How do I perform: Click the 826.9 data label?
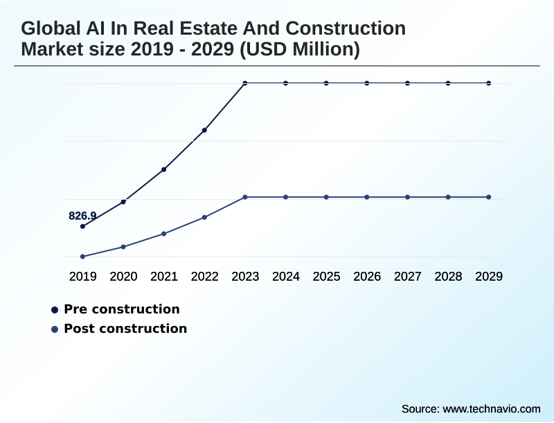tap(82, 216)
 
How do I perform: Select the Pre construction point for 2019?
tap(82, 226)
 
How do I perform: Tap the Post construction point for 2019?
tap(82, 257)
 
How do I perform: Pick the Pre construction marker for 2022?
tap(204, 130)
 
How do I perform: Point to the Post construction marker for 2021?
tap(164, 234)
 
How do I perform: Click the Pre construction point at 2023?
tap(245, 83)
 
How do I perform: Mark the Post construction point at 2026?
tap(367, 197)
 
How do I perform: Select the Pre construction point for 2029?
tap(489, 83)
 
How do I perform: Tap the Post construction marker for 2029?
tap(489, 197)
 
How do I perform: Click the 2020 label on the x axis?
tap(123, 276)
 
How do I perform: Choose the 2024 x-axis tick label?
tap(286, 276)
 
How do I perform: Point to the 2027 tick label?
tap(408, 276)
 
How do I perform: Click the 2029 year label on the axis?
tap(489, 276)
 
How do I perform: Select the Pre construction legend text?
tap(121, 309)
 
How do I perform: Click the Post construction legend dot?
tap(55, 329)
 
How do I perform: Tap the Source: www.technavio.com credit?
tap(471, 408)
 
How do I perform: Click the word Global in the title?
tap(47, 28)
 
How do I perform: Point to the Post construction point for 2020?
tap(123, 247)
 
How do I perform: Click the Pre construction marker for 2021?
tap(164, 169)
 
